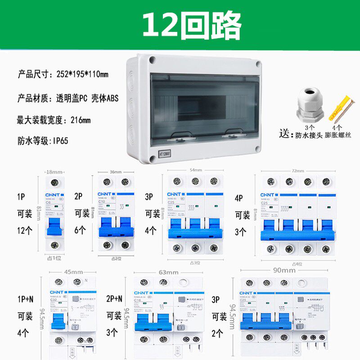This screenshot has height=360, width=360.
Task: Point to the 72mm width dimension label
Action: (297, 171)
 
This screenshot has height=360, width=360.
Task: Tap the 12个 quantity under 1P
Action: (25, 230)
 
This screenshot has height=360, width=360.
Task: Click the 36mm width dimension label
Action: (116, 171)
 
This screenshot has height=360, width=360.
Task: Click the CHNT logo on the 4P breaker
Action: (268, 195)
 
